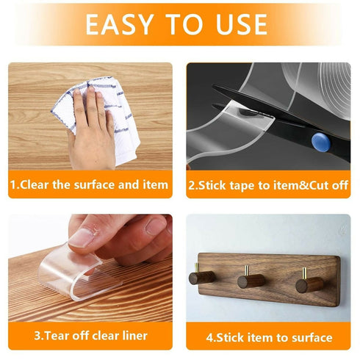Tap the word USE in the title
[x=242, y=24]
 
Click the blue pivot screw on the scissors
[x=321, y=143]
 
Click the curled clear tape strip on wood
[x=79, y=273]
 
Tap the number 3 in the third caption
[x=37, y=336]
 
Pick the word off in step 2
[x=340, y=185]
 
